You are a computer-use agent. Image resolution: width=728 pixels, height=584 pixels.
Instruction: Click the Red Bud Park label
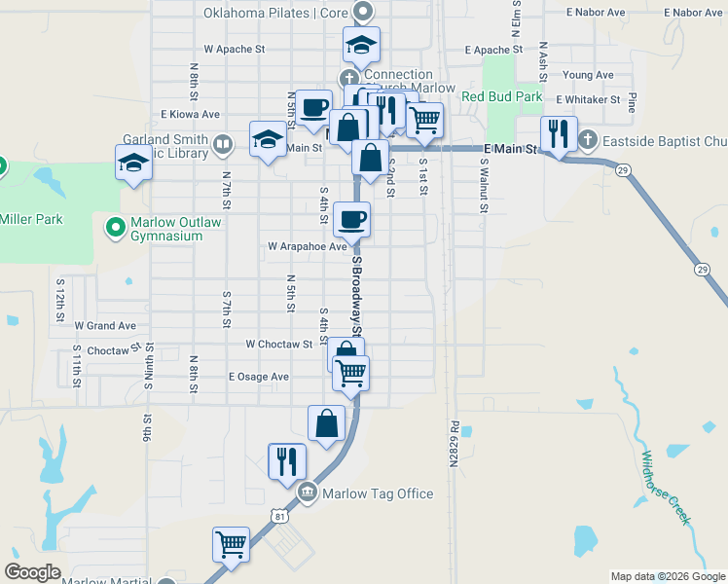point(501,96)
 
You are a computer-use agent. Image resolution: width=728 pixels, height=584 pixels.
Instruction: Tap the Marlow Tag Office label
point(378,493)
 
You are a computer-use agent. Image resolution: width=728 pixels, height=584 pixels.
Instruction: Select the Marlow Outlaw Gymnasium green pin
point(115,229)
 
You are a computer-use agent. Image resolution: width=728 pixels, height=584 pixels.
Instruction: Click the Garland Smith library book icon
point(222,146)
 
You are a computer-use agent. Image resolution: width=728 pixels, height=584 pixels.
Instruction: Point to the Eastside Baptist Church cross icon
point(587,141)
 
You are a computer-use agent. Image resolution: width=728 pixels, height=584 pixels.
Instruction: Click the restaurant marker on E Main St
point(559,133)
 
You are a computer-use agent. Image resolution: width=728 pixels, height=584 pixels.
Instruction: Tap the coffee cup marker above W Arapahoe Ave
point(351,219)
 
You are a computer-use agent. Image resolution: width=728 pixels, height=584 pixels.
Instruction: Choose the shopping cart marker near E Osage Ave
point(350,371)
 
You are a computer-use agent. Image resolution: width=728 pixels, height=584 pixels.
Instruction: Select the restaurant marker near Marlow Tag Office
point(287,459)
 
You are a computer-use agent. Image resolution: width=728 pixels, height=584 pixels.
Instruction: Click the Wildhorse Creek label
point(666,488)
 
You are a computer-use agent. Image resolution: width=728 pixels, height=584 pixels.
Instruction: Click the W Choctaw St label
point(278,344)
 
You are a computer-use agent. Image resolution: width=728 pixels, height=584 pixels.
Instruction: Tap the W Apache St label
point(235,48)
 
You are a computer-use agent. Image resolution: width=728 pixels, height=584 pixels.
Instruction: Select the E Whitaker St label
point(588,99)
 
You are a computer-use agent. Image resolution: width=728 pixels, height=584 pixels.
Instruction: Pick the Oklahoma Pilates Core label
point(275,13)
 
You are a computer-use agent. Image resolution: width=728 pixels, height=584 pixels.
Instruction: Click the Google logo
point(32,572)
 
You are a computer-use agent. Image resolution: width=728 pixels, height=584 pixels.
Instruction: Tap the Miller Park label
point(31,219)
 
